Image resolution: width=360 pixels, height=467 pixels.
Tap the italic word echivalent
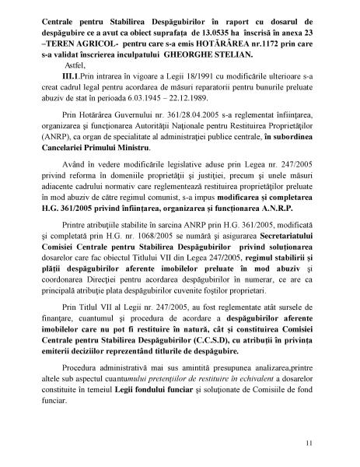pyautogui.click(x=260, y=374)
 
